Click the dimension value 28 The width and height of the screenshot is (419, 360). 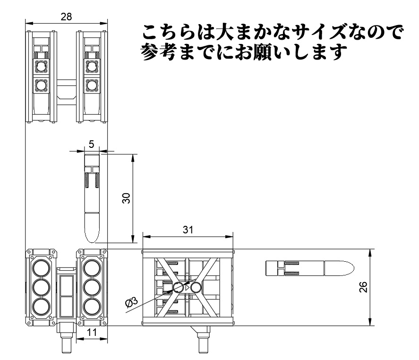pyautogui.click(x=67, y=17)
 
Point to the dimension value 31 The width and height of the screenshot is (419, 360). pyautogui.click(x=188, y=229)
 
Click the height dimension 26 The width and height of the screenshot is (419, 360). pyautogui.click(x=363, y=287)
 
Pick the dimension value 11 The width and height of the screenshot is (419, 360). pyautogui.click(x=92, y=333)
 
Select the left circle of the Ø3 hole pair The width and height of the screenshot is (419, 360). pyautogui.click(x=178, y=287)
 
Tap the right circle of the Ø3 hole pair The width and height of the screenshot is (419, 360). pyautogui.click(x=196, y=287)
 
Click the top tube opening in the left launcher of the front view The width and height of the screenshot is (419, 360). pyautogui.click(x=41, y=268)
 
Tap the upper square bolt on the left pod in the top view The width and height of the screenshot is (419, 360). pyautogui.click(x=41, y=65)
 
